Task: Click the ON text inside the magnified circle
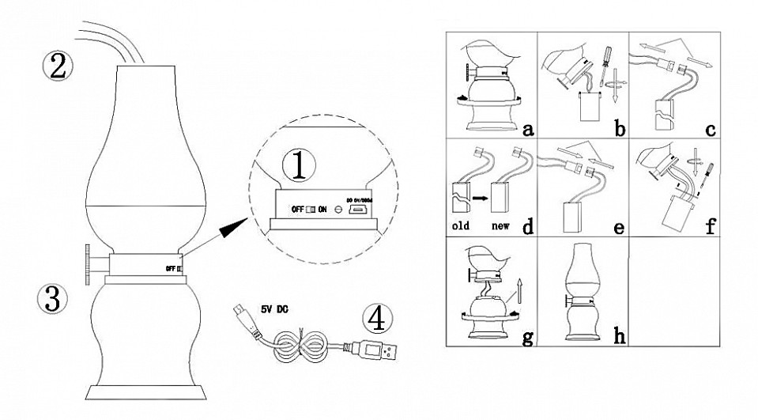(322, 209)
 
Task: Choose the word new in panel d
(501, 227)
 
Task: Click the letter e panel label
(617, 227)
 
